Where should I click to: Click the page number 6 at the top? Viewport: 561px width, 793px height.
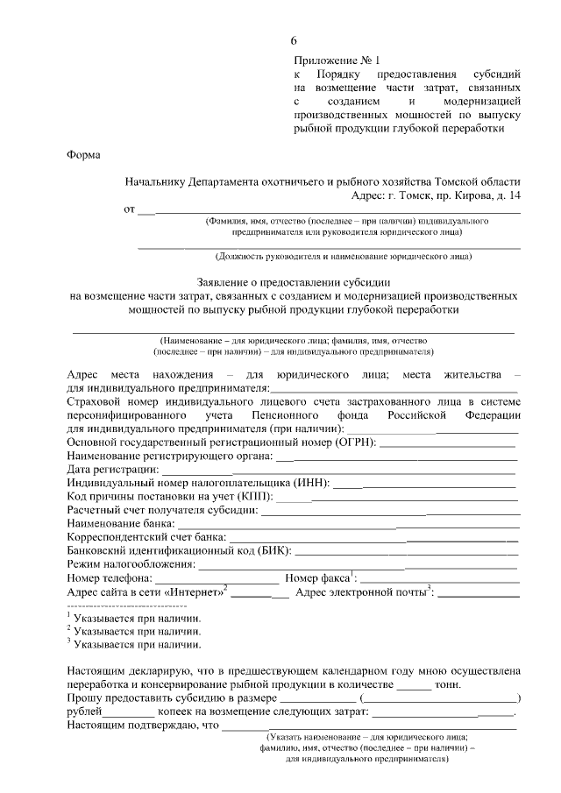(294, 41)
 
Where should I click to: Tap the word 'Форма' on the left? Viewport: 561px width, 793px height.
(83, 155)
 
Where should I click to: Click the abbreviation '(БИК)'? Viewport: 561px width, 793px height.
(274, 551)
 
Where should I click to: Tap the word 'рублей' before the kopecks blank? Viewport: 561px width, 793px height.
(84, 712)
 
